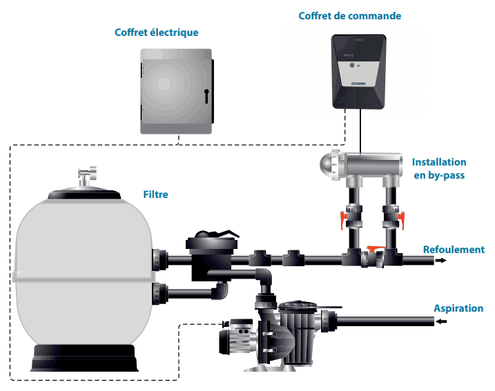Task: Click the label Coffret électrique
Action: point(166,32)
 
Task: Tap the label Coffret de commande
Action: point(349,15)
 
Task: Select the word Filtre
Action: point(156,194)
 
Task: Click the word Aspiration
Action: point(458,308)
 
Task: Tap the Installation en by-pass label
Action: point(438,168)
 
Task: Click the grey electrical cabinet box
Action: point(177,90)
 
